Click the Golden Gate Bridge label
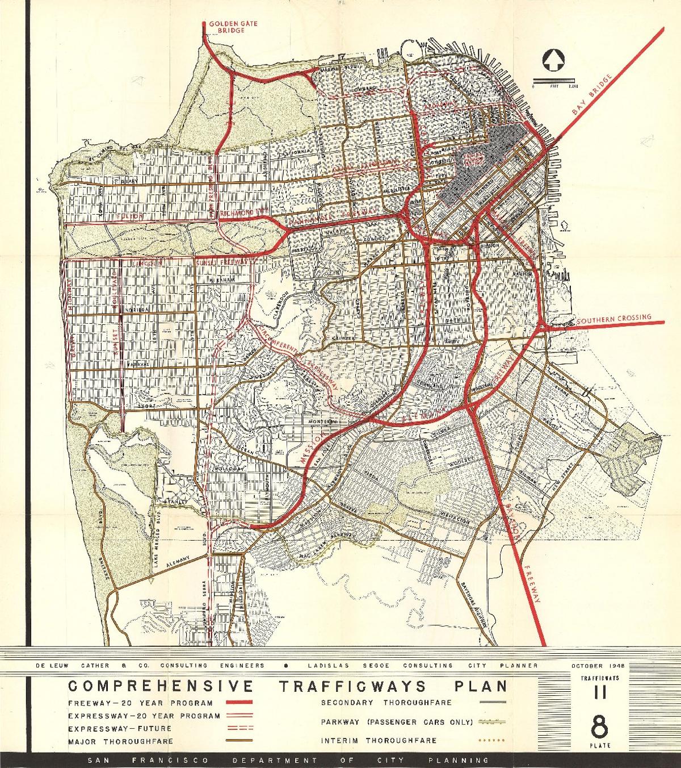[226, 27]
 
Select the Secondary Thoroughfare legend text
[386, 703]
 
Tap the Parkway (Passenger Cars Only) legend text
[396, 722]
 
